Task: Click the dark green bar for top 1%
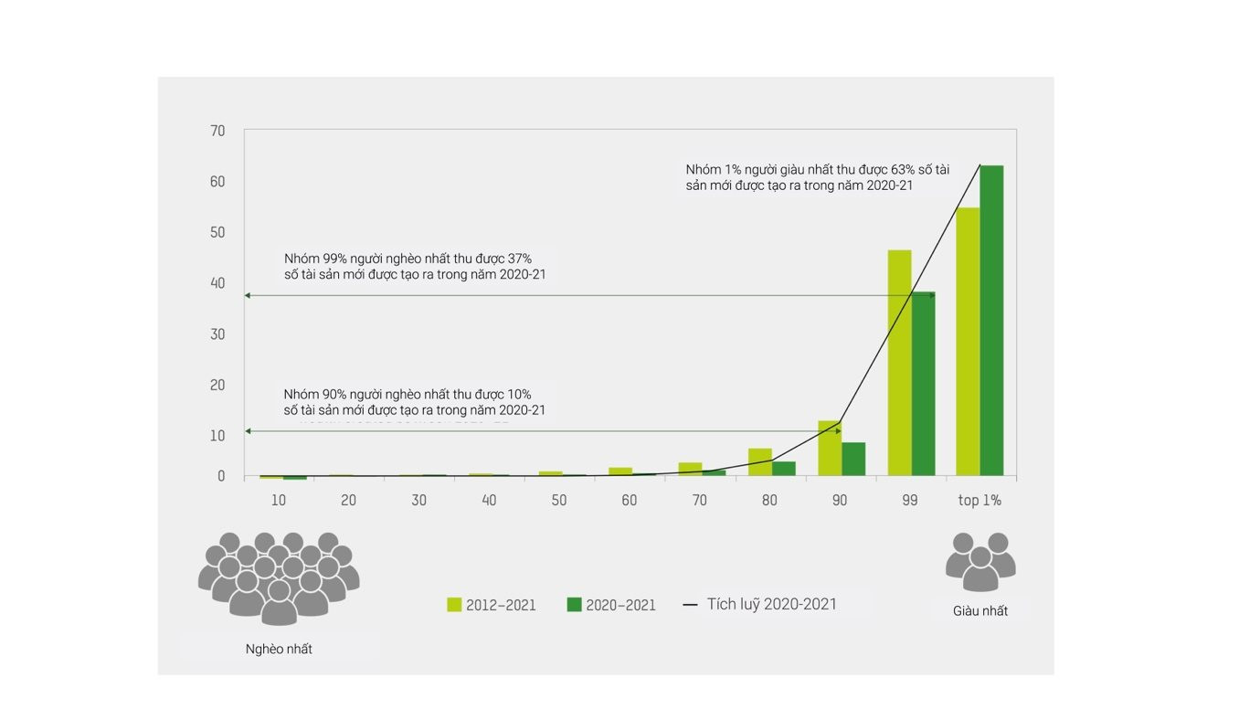pos(991,320)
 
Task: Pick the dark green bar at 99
pos(923,384)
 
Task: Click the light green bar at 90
pos(829,448)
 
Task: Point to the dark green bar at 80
pos(783,469)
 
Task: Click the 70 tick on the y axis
pos(217,131)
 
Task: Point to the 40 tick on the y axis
pos(217,283)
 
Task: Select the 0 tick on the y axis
pos(221,476)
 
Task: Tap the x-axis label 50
pos(558,501)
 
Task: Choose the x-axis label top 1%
pos(979,501)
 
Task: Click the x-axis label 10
pos(279,501)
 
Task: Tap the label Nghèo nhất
pos(279,649)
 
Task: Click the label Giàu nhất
pos(980,610)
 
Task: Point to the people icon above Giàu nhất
pos(980,560)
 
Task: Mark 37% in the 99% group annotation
pos(519,259)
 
